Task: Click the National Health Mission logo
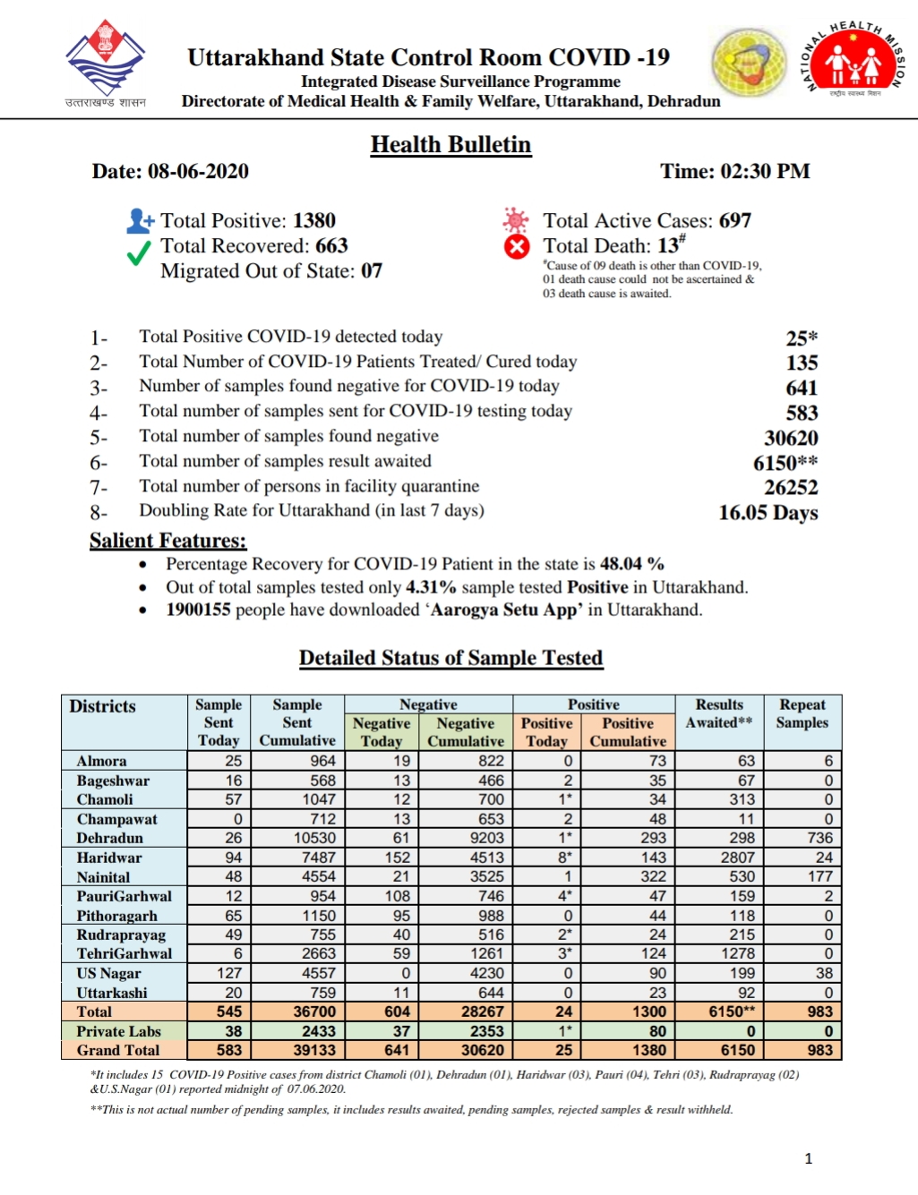coord(856,63)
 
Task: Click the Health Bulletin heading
coord(450,145)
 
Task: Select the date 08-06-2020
coord(198,172)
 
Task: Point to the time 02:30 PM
coord(769,172)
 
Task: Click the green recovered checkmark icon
coord(139,254)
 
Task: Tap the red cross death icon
coord(517,247)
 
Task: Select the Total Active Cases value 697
coord(734,221)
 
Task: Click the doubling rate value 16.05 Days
coord(768,513)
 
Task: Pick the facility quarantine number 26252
coord(791,488)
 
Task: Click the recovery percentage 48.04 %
coord(631,564)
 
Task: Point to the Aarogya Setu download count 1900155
coord(198,610)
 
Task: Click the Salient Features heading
coord(167,541)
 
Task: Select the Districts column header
coord(103,706)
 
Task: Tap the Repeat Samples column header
coord(802,713)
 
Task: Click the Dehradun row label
coord(110,839)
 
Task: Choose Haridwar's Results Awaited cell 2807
coord(737,858)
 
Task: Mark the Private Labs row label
coord(118,1031)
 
